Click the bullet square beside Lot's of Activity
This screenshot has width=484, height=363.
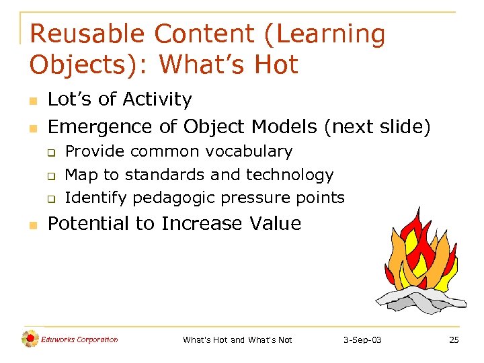tap(32, 101)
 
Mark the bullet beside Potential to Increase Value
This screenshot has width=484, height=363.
tap(32, 225)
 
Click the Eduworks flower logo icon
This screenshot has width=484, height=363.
tap(30, 339)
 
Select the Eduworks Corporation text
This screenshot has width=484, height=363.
tap(79, 339)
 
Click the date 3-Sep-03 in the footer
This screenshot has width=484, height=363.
tap(362, 340)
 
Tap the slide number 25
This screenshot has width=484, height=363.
tap(454, 340)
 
